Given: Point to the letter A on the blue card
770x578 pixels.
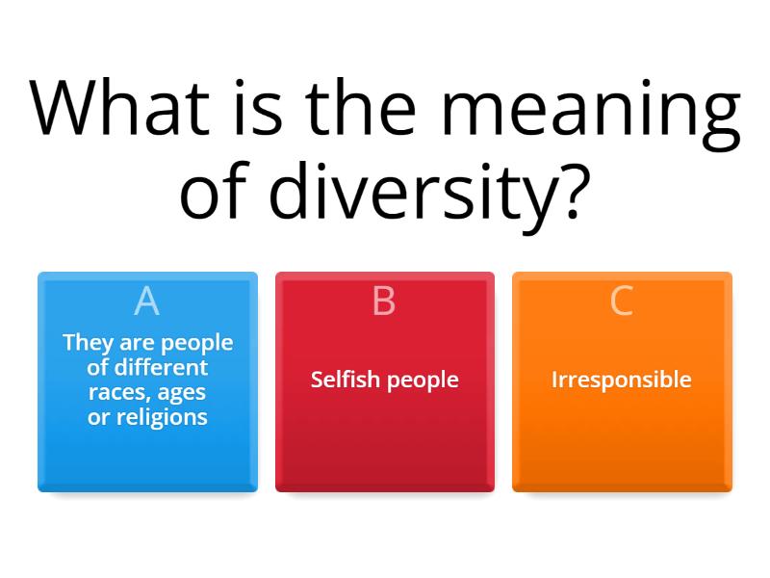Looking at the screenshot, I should click(x=146, y=302).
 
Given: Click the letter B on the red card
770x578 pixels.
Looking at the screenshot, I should click(x=384, y=302).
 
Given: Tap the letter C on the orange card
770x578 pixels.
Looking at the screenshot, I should click(x=622, y=302).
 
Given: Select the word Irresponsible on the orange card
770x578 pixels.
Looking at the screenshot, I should click(x=622, y=380).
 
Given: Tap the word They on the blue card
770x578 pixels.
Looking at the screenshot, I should click(x=85, y=342).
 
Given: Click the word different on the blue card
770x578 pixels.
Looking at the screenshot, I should click(x=161, y=367).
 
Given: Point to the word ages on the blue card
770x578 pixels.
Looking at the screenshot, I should click(x=184, y=393).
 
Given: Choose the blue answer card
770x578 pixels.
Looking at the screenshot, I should click(x=147, y=453).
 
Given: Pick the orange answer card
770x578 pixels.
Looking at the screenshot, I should click(x=622, y=453).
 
